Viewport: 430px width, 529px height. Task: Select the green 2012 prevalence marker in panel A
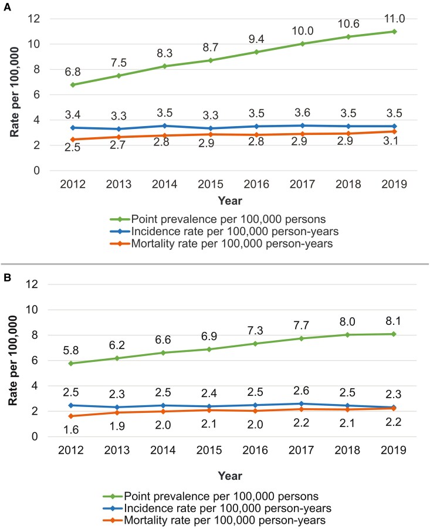(x=72, y=84)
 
